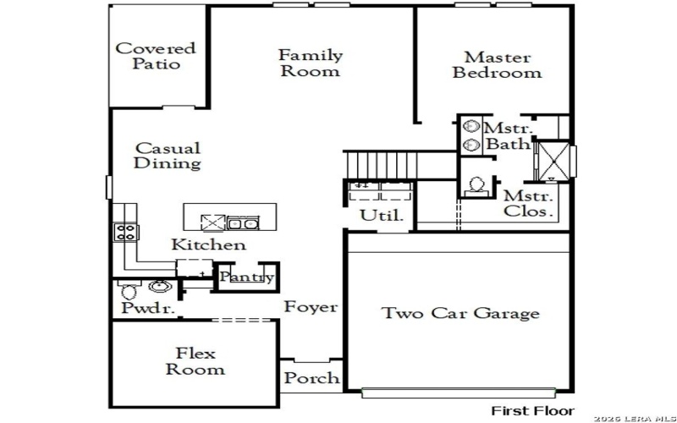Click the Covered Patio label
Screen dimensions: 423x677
click(x=155, y=56)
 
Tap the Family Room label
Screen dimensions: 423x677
click(x=311, y=63)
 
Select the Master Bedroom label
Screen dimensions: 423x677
click(x=497, y=65)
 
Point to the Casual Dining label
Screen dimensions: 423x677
click(x=168, y=157)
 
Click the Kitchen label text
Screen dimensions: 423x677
click(x=209, y=245)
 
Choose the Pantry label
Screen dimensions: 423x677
click(x=246, y=277)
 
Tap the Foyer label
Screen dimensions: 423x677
click(x=310, y=307)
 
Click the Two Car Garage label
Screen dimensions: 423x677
click(x=460, y=314)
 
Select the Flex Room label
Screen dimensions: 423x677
click(x=195, y=361)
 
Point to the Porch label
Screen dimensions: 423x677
click(x=311, y=378)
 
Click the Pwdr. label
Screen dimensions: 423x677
click(x=147, y=310)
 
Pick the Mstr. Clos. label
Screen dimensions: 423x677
click(x=528, y=204)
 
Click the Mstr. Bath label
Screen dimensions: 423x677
click(x=508, y=136)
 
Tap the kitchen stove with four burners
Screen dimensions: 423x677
click(x=126, y=232)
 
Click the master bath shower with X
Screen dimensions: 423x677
click(x=555, y=161)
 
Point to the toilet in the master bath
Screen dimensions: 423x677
click(x=476, y=184)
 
